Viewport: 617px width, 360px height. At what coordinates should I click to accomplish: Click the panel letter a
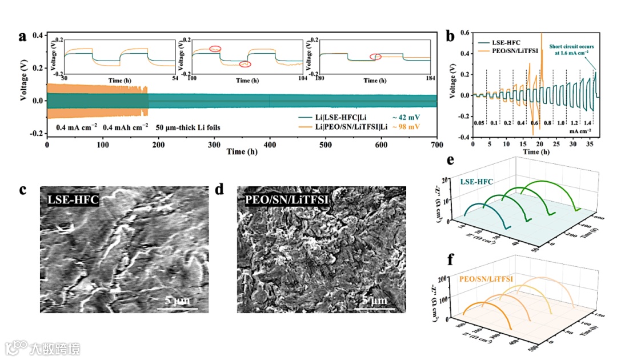click(23, 37)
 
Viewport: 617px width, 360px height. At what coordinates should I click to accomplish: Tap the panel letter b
click(451, 36)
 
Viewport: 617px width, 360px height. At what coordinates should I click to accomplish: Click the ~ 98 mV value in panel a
click(407, 127)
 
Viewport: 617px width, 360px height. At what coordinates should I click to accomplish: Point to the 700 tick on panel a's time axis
click(436, 145)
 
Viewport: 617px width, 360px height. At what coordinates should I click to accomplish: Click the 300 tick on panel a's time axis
click(214, 145)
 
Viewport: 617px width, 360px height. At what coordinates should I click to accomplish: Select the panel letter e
click(451, 161)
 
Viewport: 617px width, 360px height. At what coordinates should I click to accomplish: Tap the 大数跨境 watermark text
click(55, 348)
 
